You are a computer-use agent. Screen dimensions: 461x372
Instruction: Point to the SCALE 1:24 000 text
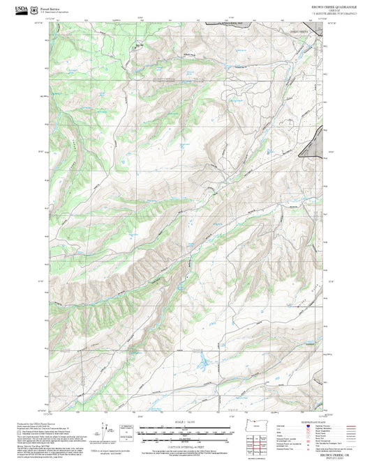(x=186, y=422)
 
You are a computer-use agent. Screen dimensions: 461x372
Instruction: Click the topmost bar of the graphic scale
(x=186, y=425)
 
